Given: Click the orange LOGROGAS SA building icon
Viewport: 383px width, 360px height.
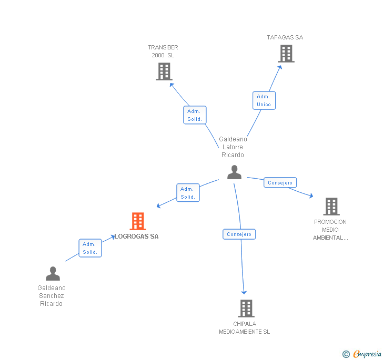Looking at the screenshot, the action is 138,221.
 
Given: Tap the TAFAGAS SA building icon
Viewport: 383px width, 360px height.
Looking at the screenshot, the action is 286,54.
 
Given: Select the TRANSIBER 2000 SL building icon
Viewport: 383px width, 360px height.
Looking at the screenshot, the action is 164,71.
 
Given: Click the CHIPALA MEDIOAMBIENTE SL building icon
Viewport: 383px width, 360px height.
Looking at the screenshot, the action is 246,308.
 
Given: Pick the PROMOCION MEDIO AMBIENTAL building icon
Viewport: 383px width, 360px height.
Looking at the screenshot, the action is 331,207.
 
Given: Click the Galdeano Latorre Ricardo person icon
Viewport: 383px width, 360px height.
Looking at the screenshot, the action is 234,172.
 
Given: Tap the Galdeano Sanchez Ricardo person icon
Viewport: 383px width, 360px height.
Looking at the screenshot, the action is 53,274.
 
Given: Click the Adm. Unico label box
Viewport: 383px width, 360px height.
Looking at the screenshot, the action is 264,100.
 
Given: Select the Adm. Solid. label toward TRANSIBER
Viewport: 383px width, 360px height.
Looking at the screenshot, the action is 195,115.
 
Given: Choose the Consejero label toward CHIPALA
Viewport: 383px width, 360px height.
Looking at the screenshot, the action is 239,234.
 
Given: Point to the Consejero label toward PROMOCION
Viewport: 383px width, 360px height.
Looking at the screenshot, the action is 280,183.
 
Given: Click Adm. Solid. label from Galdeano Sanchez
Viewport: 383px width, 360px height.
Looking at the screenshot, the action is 90,248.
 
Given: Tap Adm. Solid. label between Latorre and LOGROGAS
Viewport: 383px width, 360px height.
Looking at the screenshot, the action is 188,193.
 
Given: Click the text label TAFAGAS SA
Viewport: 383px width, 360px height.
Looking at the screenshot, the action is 285,37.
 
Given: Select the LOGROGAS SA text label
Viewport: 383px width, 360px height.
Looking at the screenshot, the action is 137,236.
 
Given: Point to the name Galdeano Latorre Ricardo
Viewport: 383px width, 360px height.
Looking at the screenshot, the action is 233,147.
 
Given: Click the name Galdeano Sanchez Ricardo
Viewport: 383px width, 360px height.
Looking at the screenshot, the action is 52,296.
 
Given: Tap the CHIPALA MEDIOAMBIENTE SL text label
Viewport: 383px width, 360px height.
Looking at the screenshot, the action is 245,328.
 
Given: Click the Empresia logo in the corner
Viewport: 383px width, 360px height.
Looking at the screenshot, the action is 362,354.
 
